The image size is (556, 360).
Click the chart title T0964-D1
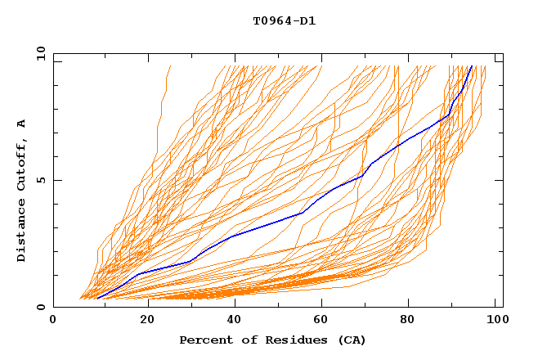click(x=285, y=20)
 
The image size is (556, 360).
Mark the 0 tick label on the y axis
click(x=41, y=307)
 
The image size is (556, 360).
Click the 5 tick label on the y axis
click(x=41, y=181)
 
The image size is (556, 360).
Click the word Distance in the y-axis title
click(x=21, y=228)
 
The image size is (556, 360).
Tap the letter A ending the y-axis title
click(x=21, y=124)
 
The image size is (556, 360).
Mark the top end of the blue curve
click(x=472, y=65)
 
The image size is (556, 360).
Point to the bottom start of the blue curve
click(x=97, y=299)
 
